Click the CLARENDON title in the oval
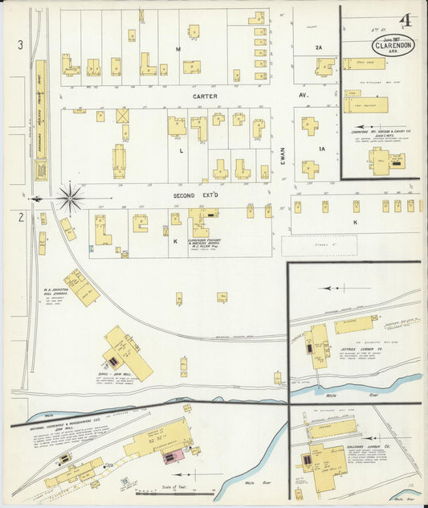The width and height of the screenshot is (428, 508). (x=393, y=45)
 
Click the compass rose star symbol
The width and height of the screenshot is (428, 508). (x=71, y=198)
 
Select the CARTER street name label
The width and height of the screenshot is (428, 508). (x=205, y=96)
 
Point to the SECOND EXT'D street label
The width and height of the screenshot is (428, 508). (x=196, y=195)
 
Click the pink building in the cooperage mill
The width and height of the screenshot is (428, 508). (x=171, y=457)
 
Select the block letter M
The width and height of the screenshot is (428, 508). (x=181, y=49)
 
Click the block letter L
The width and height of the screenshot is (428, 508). (x=181, y=150)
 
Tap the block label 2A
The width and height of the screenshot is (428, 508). (x=318, y=48)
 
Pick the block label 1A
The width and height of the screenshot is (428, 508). (x=323, y=150)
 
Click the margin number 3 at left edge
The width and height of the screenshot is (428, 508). (x=20, y=45)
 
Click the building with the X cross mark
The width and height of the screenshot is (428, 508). (x=123, y=116)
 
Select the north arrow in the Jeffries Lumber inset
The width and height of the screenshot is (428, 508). (x=329, y=287)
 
